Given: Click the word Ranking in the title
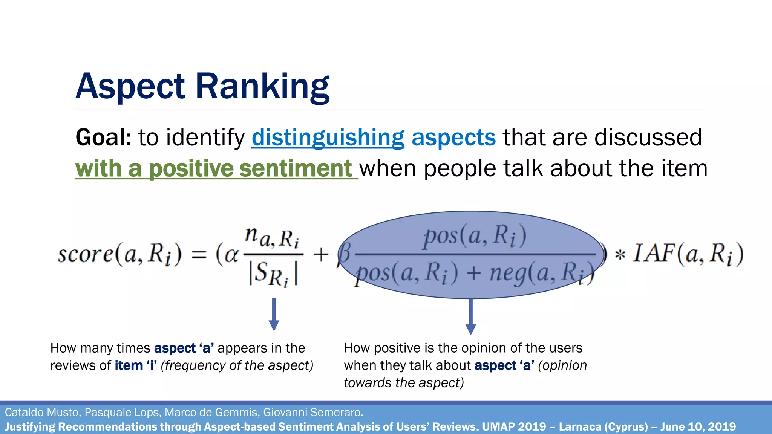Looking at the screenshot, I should pyautogui.click(x=262, y=87).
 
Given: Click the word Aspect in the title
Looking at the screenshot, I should pyautogui.click(x=130, y=87).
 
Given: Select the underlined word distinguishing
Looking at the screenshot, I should pyautogui.click(x=328, y=138).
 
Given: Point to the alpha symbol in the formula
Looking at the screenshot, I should pyautogui.click(x=231, y=254).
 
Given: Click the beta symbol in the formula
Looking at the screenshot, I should pyautogui.click(x=344, y=254).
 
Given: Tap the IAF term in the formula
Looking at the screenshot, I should pyautogui.click(x=653, y=253).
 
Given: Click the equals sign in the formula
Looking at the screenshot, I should pyautogui.click(x=199, y=254).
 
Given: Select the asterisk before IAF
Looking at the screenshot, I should pyautogui.click(x=620, y=255).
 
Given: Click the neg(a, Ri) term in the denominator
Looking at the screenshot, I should pyautogui.click(x=541, y=274).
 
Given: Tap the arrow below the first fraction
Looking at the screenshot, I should pyautogui.click(x=274, y=315).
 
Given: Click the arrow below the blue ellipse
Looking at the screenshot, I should pyautogui.click(x=470, y=316).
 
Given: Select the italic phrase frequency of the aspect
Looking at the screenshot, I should pyautogui.click(x=237, y=365).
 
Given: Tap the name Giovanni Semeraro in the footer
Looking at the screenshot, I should pyautogui.click(x=313, y=413).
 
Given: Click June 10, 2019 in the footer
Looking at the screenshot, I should pyautogui.click(x=698, y=427).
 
